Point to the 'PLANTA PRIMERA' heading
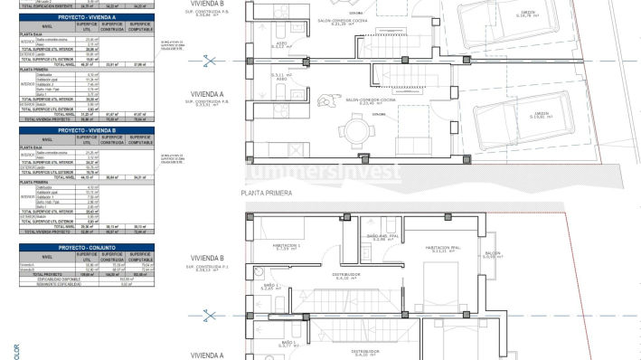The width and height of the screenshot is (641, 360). click(264, 193)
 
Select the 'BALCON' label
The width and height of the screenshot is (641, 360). click(492, 253)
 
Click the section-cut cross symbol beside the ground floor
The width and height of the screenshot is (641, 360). click(210, 62)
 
